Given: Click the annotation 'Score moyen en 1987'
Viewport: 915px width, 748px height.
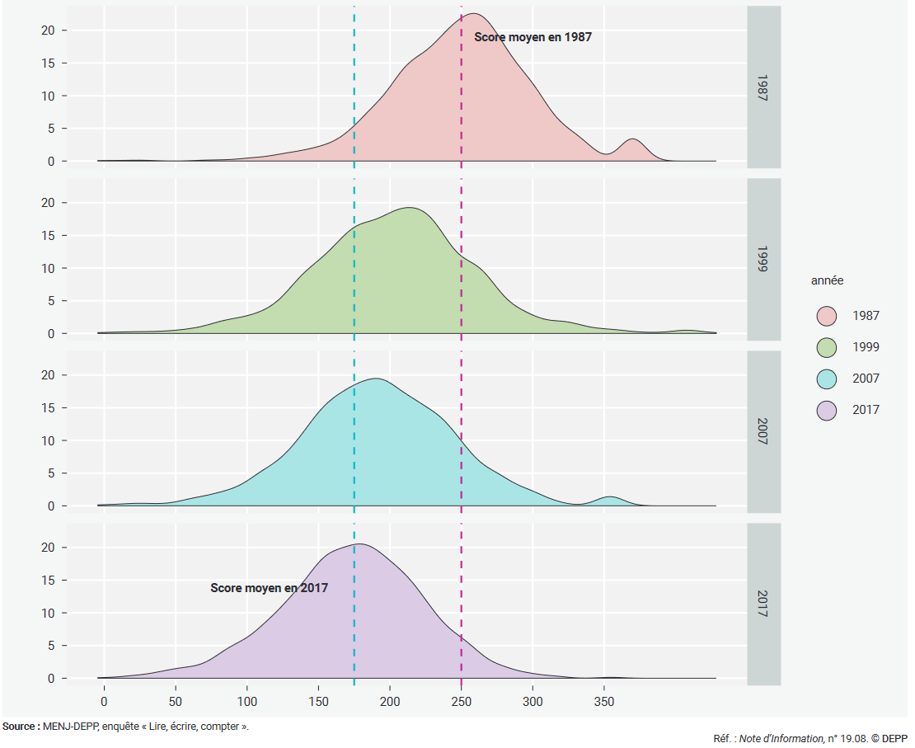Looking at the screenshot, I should pos(533,37).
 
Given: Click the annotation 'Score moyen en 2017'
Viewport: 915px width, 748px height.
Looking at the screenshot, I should pos(270,588).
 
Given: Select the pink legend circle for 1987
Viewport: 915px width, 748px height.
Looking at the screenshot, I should pos(826,316).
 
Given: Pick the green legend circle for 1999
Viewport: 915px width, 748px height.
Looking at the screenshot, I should pos(826,347).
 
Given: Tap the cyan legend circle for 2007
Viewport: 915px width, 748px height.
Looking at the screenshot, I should pos(826,379).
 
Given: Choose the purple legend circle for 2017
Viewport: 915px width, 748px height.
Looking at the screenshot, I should pos(826,410).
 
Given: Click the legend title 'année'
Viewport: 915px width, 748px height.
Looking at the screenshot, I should pos(827,281).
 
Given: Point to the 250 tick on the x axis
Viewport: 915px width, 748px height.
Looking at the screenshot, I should pos(461,701).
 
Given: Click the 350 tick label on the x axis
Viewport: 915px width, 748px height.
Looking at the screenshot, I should pos(604,701).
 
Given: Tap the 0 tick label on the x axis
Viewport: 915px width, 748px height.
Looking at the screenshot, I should pos(104,701).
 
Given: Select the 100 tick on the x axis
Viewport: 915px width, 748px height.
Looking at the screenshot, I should pos(246,701).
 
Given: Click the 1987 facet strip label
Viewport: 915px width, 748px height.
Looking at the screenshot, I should pos(763,87).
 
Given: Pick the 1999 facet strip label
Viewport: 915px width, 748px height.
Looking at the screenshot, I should pos(763,259).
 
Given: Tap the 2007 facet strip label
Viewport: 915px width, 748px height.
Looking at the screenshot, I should pos(763,431).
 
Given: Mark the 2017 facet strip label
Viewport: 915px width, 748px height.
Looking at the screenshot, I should pos(763,604).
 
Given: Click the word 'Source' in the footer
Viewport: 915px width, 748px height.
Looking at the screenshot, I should pos(18,727).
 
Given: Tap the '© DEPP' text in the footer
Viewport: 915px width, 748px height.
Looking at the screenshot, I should pos(890,738).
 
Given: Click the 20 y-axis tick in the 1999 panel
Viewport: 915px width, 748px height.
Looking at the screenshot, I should pos(51,203).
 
